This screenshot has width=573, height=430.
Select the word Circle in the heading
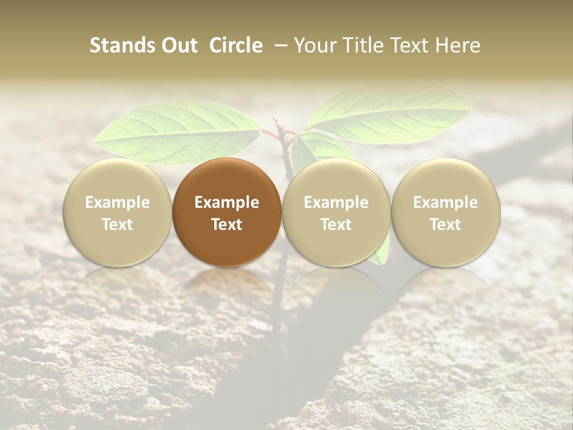236,45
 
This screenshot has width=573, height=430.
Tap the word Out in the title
177,45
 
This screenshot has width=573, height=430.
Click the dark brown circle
227,212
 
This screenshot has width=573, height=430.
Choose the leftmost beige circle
118,212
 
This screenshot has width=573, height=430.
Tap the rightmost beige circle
446,212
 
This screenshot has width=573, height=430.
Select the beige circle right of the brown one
336,212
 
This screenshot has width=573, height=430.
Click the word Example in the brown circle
227,202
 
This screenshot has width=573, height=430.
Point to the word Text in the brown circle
227,225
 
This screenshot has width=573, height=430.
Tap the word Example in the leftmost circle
118,202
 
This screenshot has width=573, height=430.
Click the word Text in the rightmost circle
446,225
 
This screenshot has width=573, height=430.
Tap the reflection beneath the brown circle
227,287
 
